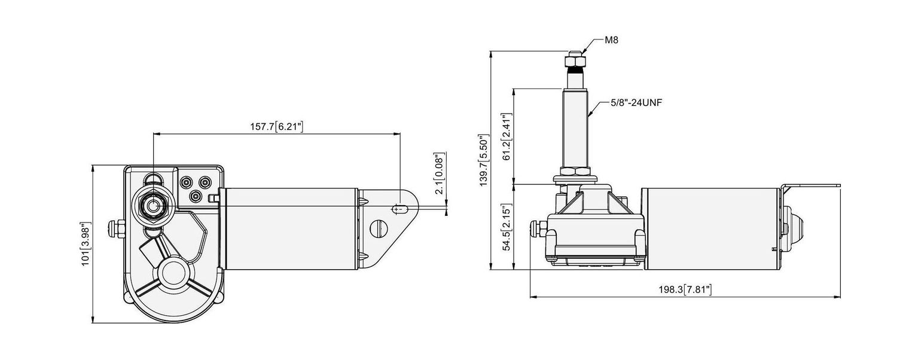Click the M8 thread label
(611, 40)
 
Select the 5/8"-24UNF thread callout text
(636, 103)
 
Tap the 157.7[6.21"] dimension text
(277, 126)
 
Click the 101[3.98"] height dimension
(86, 244)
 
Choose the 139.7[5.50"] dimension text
(484, 160)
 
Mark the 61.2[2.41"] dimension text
(507, 137)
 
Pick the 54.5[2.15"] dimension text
(507, 227)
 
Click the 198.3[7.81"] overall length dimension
(685, 289)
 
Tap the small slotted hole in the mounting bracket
(399, 209)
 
